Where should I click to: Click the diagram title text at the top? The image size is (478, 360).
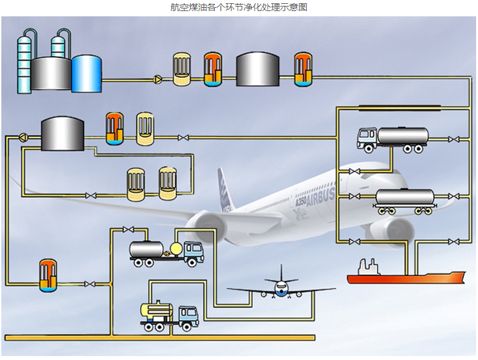tap(238, 7)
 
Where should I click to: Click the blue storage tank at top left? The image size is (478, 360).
tap(87, 74)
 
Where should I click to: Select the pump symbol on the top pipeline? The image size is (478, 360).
tap(158, 79)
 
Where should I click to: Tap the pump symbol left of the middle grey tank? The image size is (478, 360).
tap(23, 137)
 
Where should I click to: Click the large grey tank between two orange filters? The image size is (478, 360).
tap(258, 69)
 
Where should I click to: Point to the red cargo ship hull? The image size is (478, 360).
tap(406, 278)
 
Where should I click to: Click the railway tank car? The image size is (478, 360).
tap(405, 201)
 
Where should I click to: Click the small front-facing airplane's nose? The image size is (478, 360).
tap(281, 288)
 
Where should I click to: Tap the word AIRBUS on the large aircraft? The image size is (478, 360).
tap(320, 197)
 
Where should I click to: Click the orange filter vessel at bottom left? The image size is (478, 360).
tap(48, 275)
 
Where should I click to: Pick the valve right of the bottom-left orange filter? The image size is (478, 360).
tap(89, 284)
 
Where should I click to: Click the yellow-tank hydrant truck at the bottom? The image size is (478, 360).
tap(169, 316)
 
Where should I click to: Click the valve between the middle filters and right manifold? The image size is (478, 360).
tap(183, 138)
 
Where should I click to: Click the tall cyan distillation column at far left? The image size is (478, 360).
tap(24, 62)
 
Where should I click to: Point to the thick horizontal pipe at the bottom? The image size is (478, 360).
tap(160, 337)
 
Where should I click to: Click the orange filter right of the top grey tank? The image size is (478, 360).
tap(303, 70)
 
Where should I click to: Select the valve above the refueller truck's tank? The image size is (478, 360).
tap(128, 229)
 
